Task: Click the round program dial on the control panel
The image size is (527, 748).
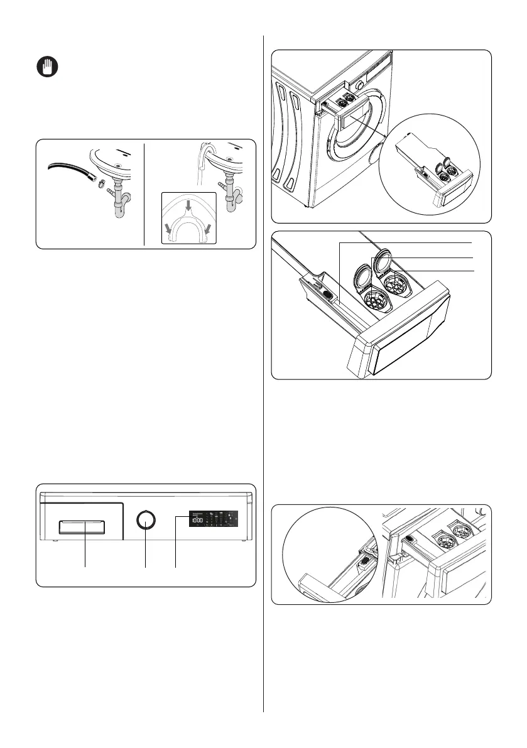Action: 146,521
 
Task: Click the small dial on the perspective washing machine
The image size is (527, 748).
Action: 359,85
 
